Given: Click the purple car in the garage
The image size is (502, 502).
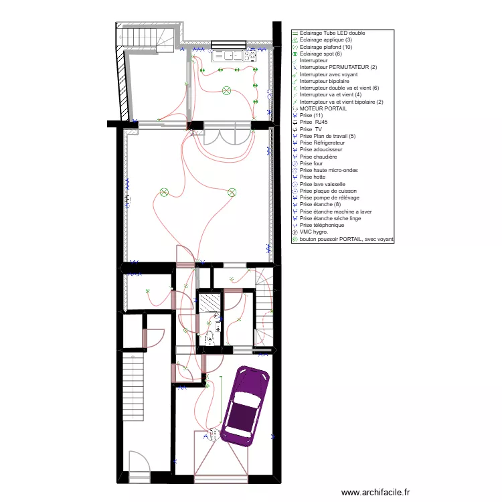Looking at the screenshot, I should point(245,406).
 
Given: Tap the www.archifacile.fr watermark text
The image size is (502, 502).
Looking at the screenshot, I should point(375,493).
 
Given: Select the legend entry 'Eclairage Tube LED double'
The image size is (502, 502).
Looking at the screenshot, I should point(332,33).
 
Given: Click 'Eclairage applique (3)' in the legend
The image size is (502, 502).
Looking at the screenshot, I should point(326,40).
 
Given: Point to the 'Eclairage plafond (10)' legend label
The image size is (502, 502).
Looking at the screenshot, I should point(325,47).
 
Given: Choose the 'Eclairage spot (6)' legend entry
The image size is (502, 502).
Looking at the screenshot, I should point(321,54).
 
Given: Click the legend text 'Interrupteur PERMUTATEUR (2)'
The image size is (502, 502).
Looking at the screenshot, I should point(338,67).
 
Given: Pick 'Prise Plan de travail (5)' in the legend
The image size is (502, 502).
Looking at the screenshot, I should point(327,136).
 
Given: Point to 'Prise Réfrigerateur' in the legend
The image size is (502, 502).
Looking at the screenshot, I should point(322,143).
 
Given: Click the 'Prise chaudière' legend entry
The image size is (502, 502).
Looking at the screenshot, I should point(318,157).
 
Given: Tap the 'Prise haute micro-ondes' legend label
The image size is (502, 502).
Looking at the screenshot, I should point(329,171).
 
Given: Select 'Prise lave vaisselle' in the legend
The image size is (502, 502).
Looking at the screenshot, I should point(323,184).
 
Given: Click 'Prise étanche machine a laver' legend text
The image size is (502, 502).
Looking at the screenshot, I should point(335,212).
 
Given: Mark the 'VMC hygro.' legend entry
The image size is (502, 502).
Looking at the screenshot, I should point(313,232).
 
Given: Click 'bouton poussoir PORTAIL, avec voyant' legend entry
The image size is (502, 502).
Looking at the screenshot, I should point(346,239).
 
